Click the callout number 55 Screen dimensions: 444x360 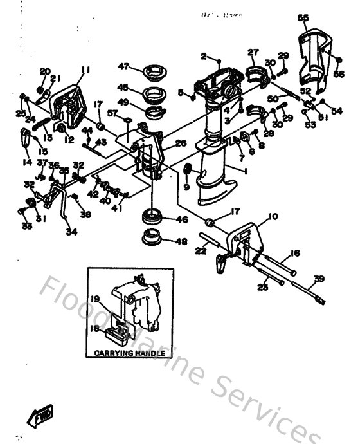(303, 18)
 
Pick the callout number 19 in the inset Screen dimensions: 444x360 (96, 299)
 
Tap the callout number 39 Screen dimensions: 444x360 (318, 279)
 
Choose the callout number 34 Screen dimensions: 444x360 (71, 232)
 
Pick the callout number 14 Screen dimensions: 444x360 (27, 163)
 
